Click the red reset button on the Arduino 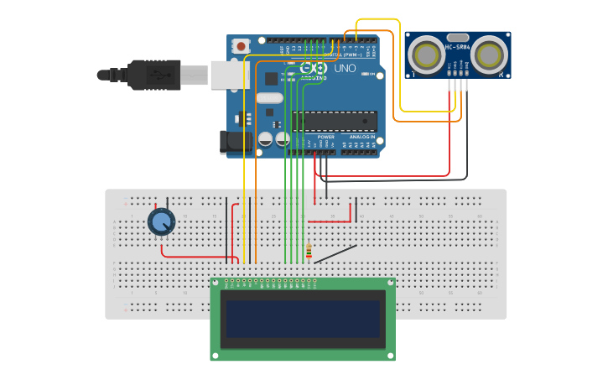coord(242,46)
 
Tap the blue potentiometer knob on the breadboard coord(161,221)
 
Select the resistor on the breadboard coord(309,251)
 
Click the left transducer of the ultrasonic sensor coord(427,55)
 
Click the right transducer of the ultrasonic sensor coord(489,55)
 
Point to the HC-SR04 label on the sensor coord(458,46)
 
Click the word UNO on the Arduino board coord(345,68)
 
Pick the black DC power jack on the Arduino coord(236,142)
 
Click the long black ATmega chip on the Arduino coord(334,121)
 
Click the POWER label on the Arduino coord(325,137)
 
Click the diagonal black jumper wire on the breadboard coord(335,253)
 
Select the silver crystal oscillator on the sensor coord(458,37)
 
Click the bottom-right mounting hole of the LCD coord(390,356)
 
